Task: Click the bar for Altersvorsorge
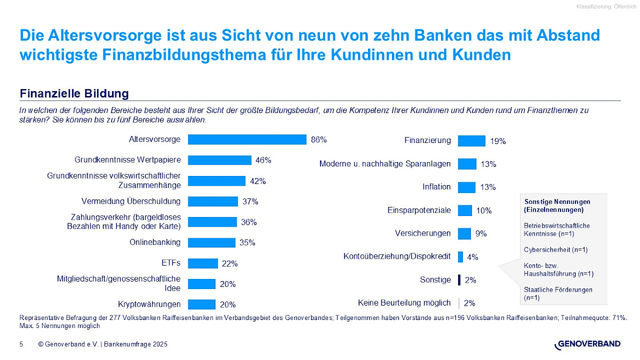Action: (247, 140)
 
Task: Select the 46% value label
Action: (263, 160)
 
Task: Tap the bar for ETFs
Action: (203, 263)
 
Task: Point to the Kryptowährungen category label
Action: (149, 304)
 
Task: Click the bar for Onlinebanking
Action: (212, 243)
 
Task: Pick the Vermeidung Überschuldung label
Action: (131, 201)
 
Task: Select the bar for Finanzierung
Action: (471, 141)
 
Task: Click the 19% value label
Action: (498, 141)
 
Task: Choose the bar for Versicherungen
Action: (464, 234)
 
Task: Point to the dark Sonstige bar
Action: (459, 279)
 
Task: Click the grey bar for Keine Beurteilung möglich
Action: (459, 303)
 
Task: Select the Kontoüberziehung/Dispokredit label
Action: (397, 257)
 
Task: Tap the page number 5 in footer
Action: (21, 345)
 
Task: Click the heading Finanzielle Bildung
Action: (74, 94)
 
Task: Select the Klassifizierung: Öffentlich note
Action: (606, 6)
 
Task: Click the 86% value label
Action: (318, 140)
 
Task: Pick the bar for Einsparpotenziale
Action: (465, 210)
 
